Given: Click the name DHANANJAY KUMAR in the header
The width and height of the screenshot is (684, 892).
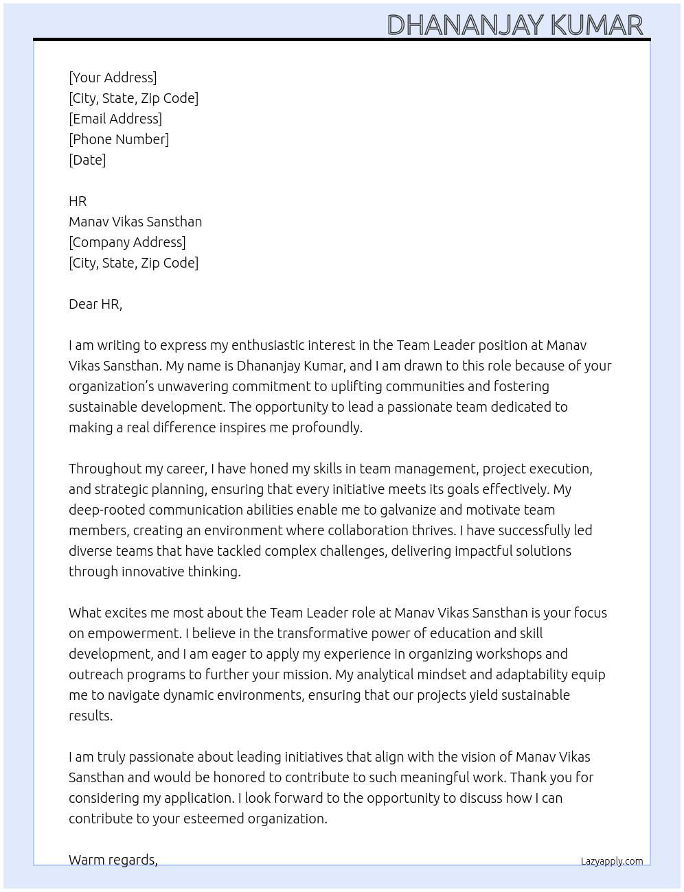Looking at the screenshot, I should click(515, 25).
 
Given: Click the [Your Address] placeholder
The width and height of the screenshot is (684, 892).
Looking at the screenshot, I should click(113, 78).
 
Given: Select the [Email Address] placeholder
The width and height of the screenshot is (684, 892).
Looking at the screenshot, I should click(115, 119).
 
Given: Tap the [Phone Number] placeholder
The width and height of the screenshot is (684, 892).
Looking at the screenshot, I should click(119, 139).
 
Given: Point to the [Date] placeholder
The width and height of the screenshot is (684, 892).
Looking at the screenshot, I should click(87, 160).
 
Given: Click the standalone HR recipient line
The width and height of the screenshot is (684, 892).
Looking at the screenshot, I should click(78, 201).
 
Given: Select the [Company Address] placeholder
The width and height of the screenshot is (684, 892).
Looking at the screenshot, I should click(127, 242).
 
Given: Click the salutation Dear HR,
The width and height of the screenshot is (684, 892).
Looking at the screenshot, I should click(95, 304).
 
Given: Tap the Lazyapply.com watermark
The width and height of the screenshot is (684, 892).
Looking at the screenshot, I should click(612, 861).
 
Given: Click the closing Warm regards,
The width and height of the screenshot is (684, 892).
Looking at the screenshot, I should click(113, 860).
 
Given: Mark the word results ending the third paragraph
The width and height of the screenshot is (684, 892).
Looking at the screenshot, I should click(90, 716).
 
